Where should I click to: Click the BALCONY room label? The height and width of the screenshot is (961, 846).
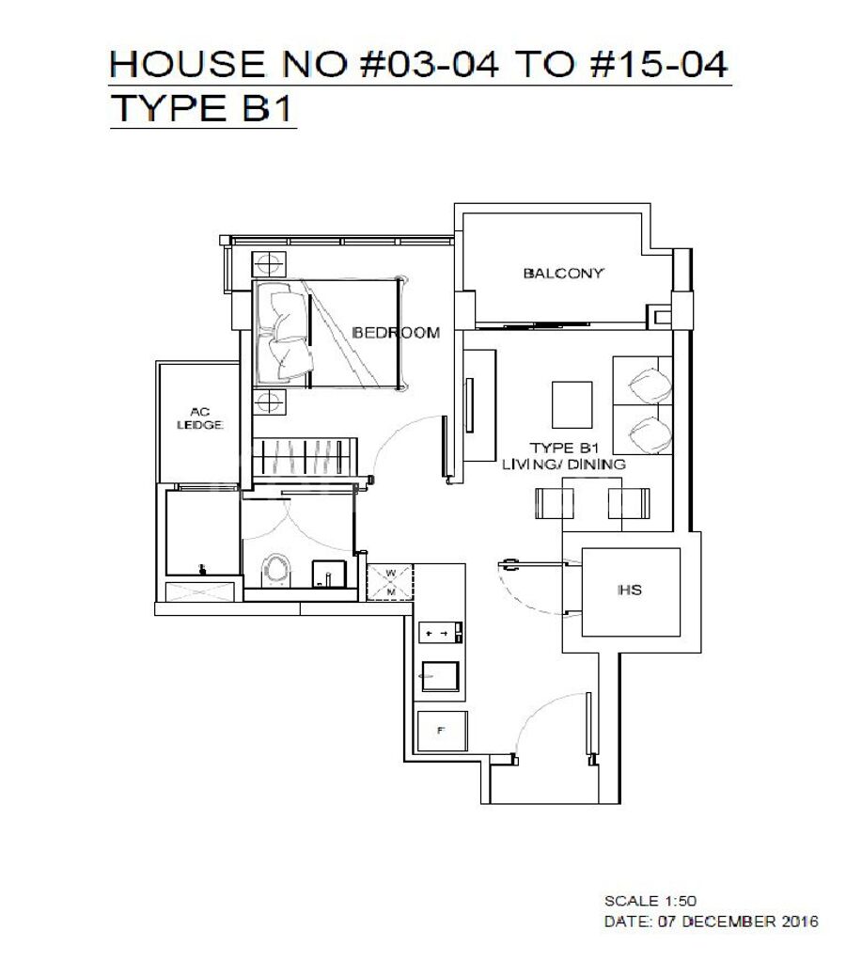click(x=564, y=274)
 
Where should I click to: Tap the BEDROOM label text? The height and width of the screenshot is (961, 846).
click(x=397, y=333)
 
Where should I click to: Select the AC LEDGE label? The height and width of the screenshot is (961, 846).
click(x=199, y=418)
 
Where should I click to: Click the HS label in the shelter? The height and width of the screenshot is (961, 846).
click(x=630, y=590)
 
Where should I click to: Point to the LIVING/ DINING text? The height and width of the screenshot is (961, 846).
click(x=564, y=465)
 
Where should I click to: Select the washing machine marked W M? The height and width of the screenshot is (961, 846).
click(x=390, y=582)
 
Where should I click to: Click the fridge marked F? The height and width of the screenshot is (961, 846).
click(x=442, y=732)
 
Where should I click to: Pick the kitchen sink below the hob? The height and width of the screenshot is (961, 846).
click(x=439, y=676)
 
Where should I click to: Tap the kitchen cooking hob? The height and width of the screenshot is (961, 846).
click(x=441, y=633)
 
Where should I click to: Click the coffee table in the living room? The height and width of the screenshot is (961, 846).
click(x=572, y=404)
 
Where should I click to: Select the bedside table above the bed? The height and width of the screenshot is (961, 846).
click(x=269, y=264)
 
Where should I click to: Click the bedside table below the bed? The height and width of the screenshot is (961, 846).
click(x=269, y=402)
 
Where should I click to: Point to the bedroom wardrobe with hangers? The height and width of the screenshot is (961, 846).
click(x=305, y=457)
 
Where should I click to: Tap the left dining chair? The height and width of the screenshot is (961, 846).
click(x=555, y=502)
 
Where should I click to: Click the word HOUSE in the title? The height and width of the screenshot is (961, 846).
click(x=187, y=64)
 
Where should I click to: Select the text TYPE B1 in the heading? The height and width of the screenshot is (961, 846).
click(x=201, y=108)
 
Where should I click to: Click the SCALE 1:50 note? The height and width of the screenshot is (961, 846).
click(x=650, y=901)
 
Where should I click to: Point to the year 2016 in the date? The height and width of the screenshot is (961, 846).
click(x=800, y=922)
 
